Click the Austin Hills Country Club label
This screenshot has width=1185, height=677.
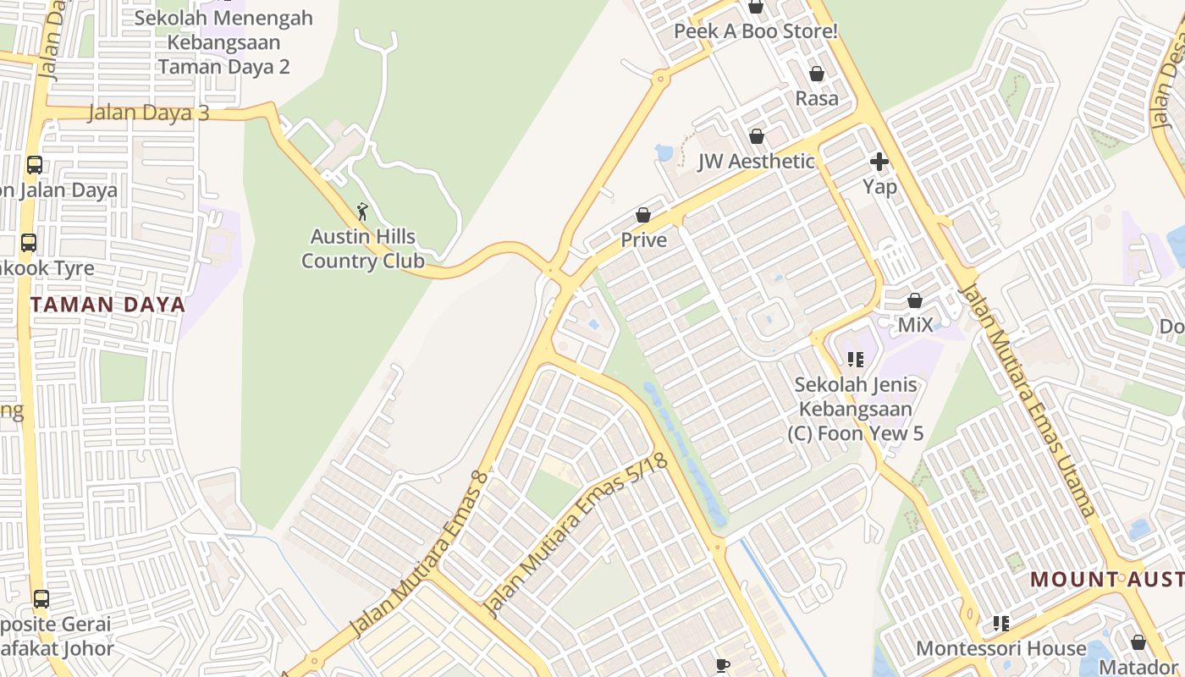tap(362, 249)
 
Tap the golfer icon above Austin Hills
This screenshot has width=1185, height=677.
tap(362, 211)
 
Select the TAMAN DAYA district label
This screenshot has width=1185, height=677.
tap(107, 305)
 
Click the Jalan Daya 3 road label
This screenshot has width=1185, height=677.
tap(148, 113)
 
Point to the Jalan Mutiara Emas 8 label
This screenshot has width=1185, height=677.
tap(420, 555)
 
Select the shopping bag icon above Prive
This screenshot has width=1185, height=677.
tap(643, 215)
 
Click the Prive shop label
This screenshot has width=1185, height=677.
tap(643, 240)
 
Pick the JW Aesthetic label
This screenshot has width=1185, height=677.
tap(756, 162)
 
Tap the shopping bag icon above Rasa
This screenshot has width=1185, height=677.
tap(817, 74)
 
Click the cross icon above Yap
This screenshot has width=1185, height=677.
tap(879, 161)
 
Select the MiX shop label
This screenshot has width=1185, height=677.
tap(915, 325)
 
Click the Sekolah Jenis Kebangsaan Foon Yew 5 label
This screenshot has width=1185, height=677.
tap(855, 410)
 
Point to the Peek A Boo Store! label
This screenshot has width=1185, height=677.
tap(755, 32)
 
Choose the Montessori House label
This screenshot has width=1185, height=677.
tap(1000, 649)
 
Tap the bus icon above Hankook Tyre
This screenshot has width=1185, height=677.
tap(29, 243)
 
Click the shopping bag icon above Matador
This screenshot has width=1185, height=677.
tap(1138, 642)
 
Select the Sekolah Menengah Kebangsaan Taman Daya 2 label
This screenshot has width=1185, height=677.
tap(223, 42)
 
